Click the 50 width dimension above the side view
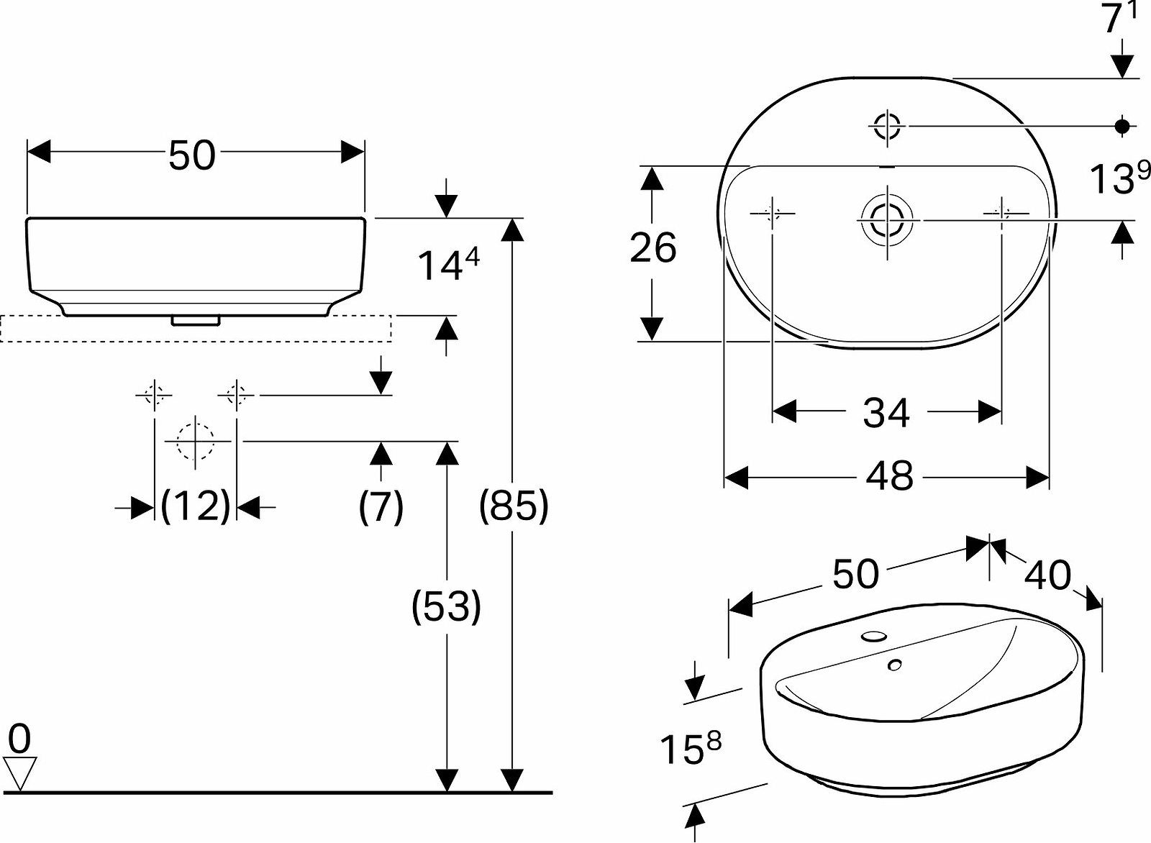191,155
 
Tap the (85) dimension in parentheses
514,506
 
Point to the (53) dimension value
446,606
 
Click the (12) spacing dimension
195,506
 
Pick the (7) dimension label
381,506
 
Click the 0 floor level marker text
19,738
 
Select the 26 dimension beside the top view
653,248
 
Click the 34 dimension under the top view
886,413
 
